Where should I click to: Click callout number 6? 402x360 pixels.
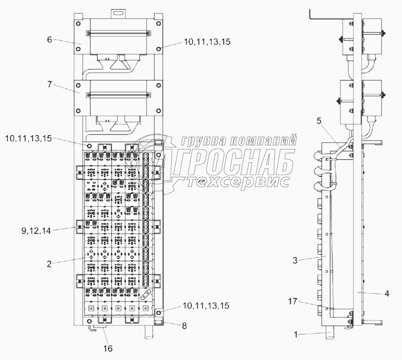[50, 40]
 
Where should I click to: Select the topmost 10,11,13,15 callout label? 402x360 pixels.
[207, 44]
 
